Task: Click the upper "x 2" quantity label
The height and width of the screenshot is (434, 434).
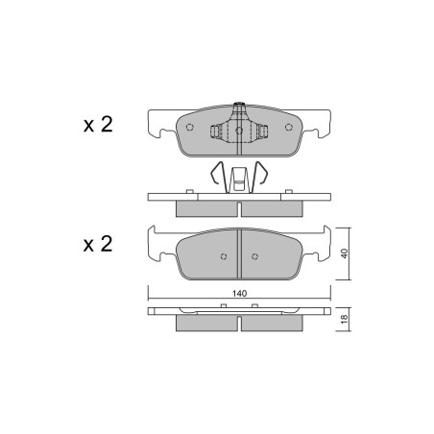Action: coord(98,124)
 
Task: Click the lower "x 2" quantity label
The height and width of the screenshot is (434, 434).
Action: coord(98,244)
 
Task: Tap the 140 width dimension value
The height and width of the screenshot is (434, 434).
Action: coord(239,293)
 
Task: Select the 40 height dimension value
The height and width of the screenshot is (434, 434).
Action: coord(344,253)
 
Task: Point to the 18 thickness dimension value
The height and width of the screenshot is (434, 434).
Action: coord(344,319)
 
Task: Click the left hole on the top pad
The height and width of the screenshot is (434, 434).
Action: coord(190,127)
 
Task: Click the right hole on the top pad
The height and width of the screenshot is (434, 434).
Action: coord(289,127)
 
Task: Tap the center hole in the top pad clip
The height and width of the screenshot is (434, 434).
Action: coord(239,130)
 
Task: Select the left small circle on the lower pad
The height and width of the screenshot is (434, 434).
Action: coord(224,256)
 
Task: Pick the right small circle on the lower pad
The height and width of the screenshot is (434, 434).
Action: coord(254,256)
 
